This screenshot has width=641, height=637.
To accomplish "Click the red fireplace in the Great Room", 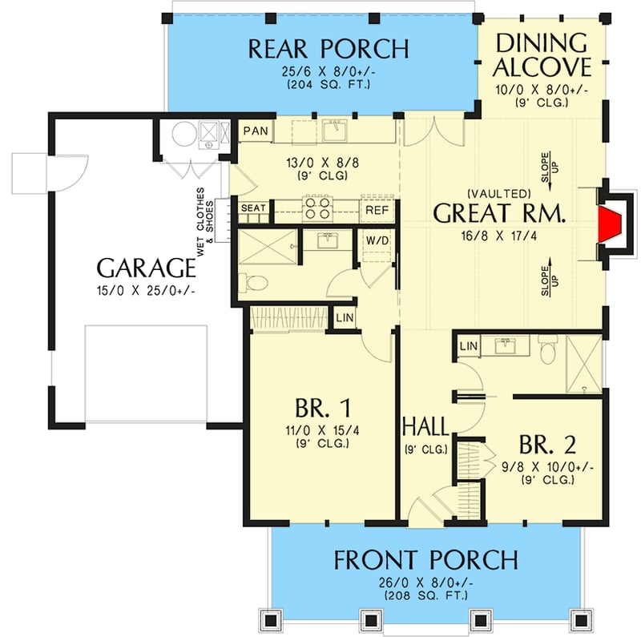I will point(614,225).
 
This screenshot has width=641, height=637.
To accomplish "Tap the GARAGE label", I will point(147,267).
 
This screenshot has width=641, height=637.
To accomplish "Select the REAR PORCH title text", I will point(328,49).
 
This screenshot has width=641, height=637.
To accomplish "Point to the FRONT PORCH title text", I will point(425,559).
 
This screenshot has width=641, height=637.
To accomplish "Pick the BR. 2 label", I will point(547,445).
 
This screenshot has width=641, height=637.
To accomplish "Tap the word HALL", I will point(425,425).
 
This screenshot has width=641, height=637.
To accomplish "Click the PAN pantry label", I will point(256,131).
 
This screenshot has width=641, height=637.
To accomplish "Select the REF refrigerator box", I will point(377,210).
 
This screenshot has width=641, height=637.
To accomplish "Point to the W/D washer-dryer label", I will point(377,240).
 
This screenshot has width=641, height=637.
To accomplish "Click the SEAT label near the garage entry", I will point(254,208).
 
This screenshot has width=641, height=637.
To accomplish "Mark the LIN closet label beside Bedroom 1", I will point(344,318).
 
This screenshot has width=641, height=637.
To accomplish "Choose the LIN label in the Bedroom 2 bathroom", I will point(470,345).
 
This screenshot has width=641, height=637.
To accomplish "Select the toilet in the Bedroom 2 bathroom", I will point(549,349).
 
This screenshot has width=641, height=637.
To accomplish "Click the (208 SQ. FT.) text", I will point(425,595).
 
